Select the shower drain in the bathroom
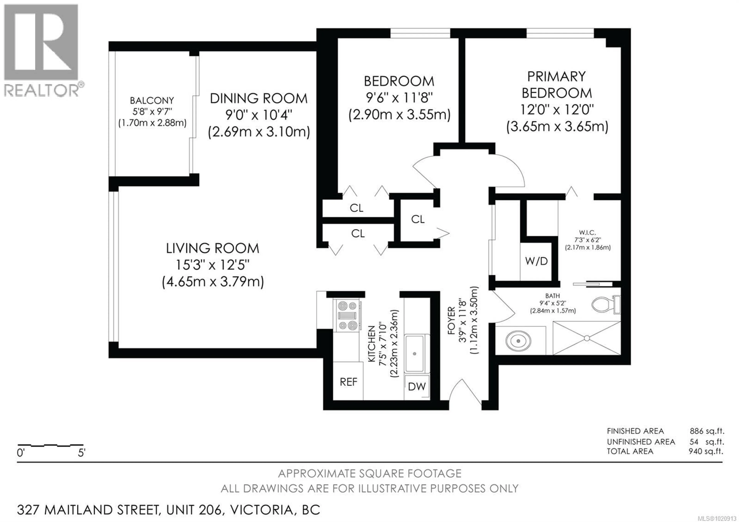(586, 338)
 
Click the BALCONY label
(152, 100)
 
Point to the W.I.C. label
(587, 232)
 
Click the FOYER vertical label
(451, 320)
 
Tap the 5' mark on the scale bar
(81, 453)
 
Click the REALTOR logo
(41, 50)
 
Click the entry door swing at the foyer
(463, 391)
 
